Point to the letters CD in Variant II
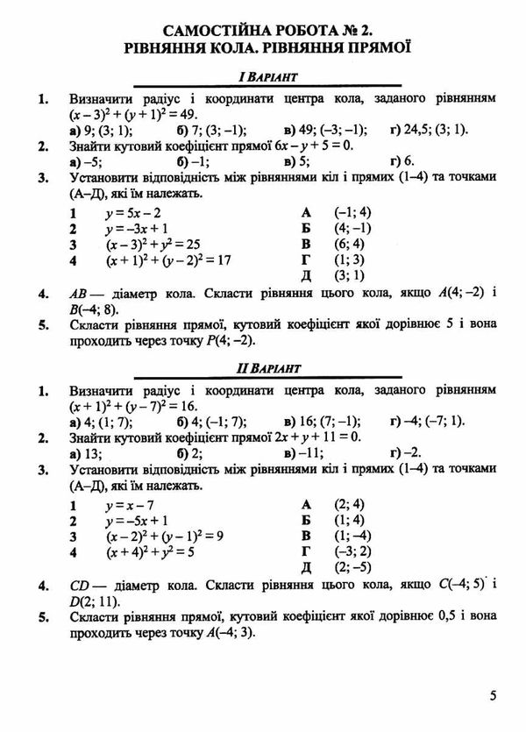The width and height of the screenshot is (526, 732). tap(80, 585)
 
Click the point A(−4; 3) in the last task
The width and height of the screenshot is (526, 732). tap(225, 634)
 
